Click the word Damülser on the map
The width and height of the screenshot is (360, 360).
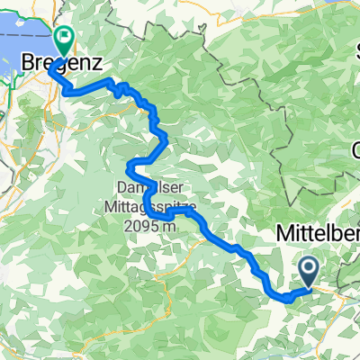(x=148, y=187)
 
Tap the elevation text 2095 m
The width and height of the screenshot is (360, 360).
(x=147, y=220)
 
